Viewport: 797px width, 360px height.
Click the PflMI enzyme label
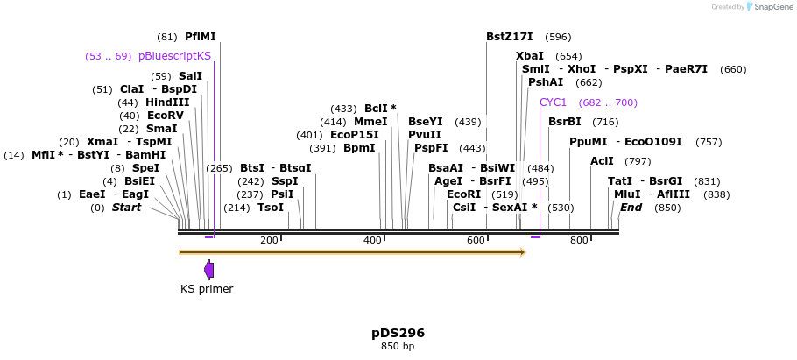(200, 37)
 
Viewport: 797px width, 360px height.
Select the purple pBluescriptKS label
(174, 55)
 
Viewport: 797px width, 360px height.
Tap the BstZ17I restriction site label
(509, 37)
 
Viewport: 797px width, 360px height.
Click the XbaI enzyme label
(529, 55)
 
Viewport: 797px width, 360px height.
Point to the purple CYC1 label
(553, 102)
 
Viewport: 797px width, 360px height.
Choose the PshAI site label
(546, 81)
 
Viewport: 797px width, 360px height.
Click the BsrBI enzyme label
(564, 122)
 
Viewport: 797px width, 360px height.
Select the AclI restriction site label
(602, 161)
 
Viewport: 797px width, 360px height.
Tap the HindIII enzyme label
(167, 102)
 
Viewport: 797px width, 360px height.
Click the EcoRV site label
(166, 116)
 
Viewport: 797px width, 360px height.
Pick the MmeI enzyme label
(370, 122)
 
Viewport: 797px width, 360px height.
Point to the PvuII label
(425, 135)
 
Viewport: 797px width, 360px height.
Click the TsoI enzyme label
(270, 208)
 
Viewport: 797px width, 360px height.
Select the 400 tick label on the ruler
(373, 240)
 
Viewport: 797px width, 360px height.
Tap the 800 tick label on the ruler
(579, 240)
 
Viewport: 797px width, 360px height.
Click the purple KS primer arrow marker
(208, 269)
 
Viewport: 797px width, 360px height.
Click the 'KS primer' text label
(207, 288)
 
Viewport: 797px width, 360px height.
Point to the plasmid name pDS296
(398, 333)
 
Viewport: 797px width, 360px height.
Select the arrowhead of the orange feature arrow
(523, 252)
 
